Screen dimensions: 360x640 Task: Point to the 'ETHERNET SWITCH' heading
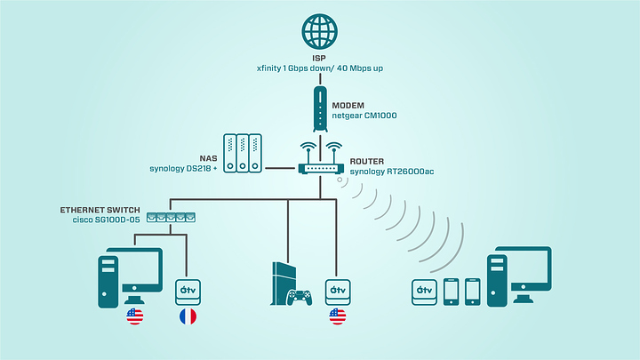100,209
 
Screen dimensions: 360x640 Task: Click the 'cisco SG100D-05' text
108,220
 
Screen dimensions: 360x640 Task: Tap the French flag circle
188,317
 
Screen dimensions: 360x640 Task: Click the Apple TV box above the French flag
188,290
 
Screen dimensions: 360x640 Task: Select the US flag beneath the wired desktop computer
135,317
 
